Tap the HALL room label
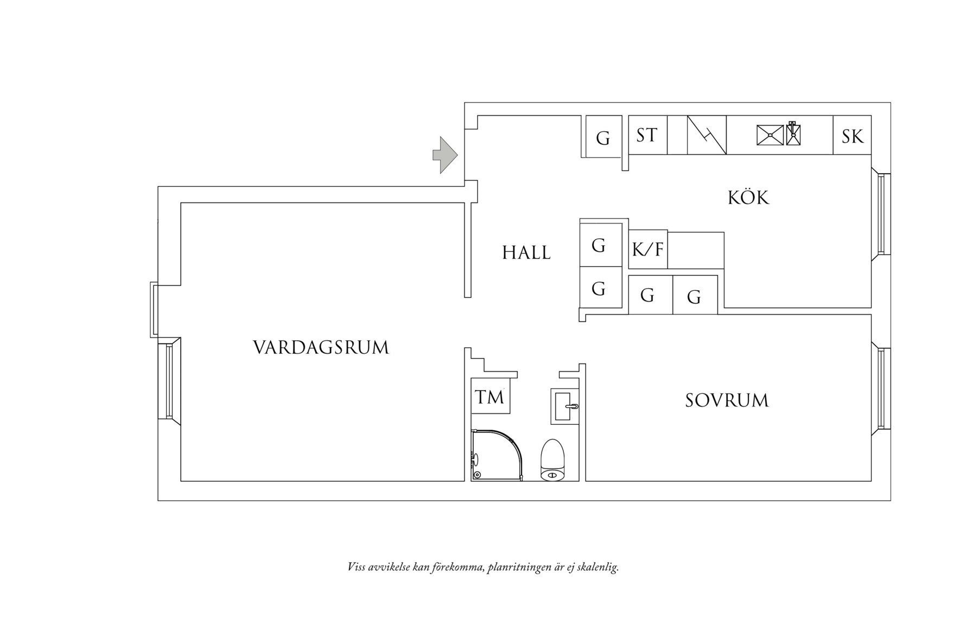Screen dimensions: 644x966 [x=526, y=252]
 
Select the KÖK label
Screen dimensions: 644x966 [x=748, y=197]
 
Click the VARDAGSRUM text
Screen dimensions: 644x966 [x=321, y=347]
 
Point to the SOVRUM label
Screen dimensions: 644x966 [x=727, y=401]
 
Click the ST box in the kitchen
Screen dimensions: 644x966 [x=647, y=135]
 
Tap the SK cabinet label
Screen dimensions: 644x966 [x=852, y=136]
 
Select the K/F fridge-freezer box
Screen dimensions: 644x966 [x=648, y=250]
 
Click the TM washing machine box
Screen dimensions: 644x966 [x=490, y=398]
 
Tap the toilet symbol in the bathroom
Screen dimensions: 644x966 [x=554, y=460]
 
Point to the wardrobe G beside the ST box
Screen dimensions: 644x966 [x=603, y=138]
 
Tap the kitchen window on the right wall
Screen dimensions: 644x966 [x=884, y=214]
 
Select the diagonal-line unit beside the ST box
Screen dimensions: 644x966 [x=707, y=135]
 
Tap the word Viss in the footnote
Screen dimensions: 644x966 [x=356, y=568]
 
